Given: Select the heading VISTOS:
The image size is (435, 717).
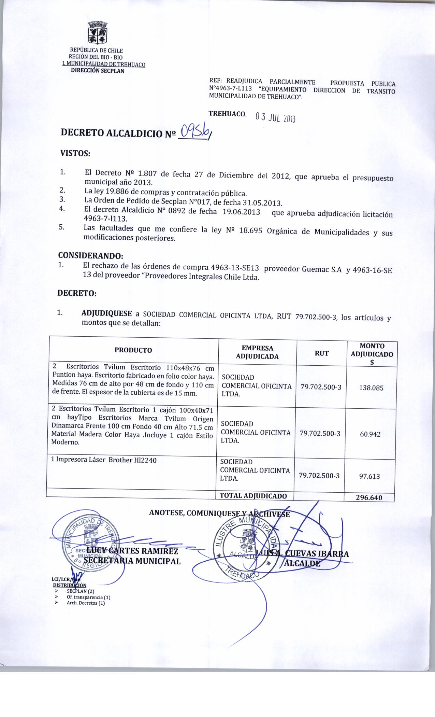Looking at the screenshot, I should coord(75,153).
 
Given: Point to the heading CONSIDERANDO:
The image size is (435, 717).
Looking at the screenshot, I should coord(90,255).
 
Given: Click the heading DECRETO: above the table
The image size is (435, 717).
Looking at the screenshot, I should coord(76,293).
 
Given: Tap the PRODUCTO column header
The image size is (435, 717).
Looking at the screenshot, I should coord(133,350).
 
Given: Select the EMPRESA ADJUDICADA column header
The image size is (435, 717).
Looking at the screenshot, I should coord(257,352).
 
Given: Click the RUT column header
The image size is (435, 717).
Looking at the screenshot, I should coord(321,353).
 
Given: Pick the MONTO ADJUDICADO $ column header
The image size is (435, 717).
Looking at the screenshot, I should coord(372,354).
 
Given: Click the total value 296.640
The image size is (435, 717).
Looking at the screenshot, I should coord(369,497).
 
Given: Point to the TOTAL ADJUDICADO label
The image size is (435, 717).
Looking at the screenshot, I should coord(253,496).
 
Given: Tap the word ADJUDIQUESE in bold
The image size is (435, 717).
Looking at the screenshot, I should coord(107,313).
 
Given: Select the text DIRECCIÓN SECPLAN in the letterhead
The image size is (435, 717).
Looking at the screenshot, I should coord(98,71).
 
